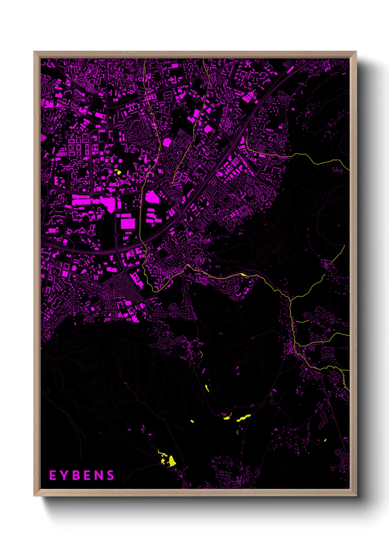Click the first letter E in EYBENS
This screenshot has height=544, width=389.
pyautogui.click(x=53, y=475)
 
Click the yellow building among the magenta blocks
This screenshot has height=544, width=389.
pyautogui.click(x=118, y=172)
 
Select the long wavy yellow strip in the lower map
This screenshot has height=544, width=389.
pyautogui.click(x=244, y=418)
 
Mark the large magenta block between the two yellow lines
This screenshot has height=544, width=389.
pyautogui.click(x=167, y=142)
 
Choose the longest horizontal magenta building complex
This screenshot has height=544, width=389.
pyautogui.click(x=92, y=201)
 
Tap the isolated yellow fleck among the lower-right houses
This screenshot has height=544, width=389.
pyautogui.click(x=325, y=440)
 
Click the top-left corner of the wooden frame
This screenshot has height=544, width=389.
pyautogui.click(x=34, y=52)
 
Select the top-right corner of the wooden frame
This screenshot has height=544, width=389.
pyautogui.click(x=356, y=52)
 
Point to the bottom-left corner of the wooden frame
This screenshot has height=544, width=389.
pyautogui.click(x=34, y=495)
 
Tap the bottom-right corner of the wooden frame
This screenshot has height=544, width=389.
pyautogui.click(x=356, y=495)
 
